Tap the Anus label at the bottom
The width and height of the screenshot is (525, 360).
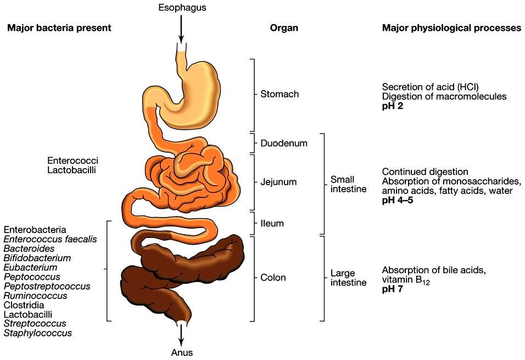(x=181, y=352)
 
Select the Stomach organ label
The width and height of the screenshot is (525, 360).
(x=280, y=94)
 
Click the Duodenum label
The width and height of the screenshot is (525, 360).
(x=283, y=143)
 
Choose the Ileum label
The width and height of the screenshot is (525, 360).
(x=272, y=224)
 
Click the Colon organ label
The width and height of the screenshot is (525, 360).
(x=273, y=278)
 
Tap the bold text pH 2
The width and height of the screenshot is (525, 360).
(x=394, y=106)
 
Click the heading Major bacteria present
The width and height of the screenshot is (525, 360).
(x=59, y=28)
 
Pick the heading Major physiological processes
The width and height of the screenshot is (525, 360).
(x=451, y=28)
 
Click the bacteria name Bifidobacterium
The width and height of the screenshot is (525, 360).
(x=37, y=258)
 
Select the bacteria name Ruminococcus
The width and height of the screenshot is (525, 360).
(x=35, y=296)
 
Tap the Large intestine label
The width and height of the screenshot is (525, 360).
(x=348, y=278)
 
